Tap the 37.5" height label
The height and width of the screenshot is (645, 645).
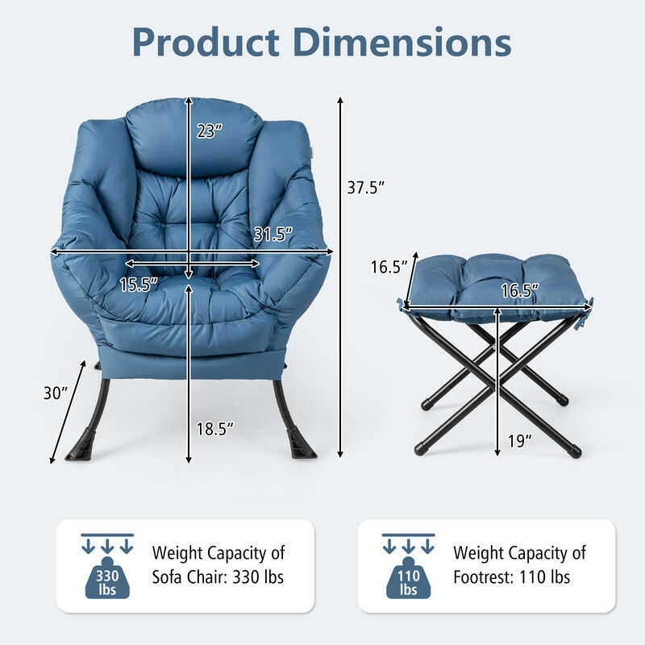[366, 187]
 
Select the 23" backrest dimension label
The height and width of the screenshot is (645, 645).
[209, 130]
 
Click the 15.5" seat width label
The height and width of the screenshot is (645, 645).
[139, 284]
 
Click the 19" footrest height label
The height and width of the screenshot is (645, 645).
[521, 440]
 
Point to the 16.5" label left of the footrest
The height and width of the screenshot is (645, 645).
[385, 267]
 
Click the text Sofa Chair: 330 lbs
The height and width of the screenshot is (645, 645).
[218, 577]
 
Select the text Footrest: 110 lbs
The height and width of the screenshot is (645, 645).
[512, 577]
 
